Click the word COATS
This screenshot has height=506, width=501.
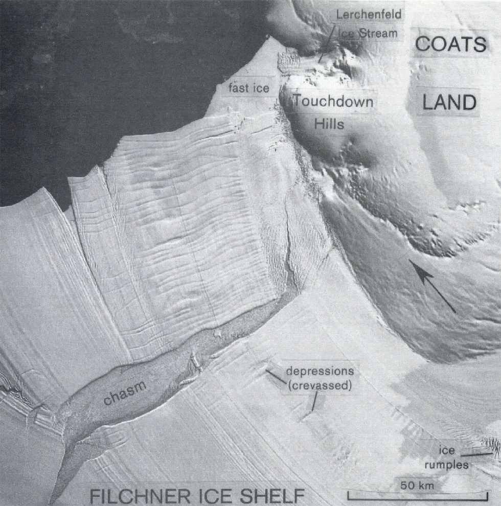pos(450,44)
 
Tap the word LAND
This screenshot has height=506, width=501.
pos(449,104)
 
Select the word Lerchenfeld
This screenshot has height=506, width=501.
pos(369,14)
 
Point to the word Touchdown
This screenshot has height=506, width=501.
pos(333,101)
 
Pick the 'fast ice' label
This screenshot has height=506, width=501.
pos(249,88)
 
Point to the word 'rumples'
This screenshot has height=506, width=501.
pos(448,465)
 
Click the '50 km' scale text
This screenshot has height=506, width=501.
pos(417,485)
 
